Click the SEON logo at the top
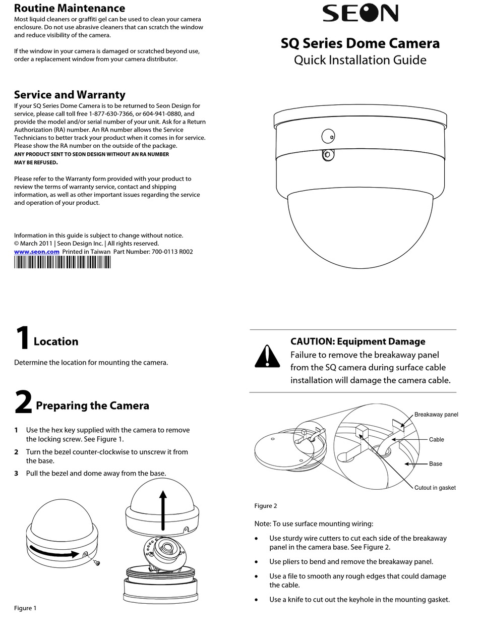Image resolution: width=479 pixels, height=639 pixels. tap(360, 14)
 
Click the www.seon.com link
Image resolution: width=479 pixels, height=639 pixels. tap(36, 252)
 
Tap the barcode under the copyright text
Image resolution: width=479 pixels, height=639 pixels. tap(62, 262)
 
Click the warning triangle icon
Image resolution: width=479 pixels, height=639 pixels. tap(267, 356)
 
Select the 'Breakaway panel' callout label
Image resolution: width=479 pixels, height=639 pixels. tap(436, 415)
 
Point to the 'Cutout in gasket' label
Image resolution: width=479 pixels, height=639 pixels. tap(435, 488)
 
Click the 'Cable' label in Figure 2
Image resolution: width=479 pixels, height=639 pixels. tap(436, 440)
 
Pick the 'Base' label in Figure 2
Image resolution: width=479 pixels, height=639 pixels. tap(435, 464)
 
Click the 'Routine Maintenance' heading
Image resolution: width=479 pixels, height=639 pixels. tap(70, 8)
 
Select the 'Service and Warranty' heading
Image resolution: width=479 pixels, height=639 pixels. tap(70, 95)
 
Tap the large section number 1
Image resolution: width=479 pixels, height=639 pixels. tap(22, 338)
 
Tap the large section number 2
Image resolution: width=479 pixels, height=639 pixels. tap(23, 402)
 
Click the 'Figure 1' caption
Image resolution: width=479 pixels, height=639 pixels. tap(25, 608)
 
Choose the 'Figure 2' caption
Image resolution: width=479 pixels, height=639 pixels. tap(266, 506)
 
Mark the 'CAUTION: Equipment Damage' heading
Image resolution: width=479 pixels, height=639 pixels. tap(357, 341)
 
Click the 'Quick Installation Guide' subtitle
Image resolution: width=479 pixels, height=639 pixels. tap(360, 60)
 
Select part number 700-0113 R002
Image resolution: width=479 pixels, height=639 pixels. tap(172, 252)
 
